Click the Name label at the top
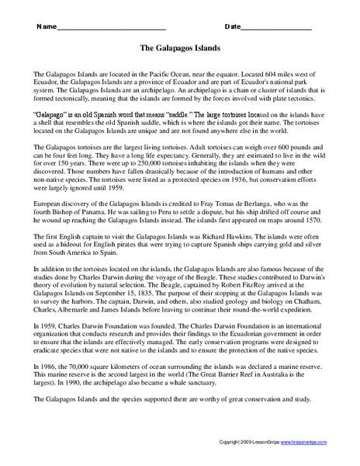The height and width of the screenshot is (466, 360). click(45, 26)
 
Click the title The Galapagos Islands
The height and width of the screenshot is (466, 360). click(180, 48)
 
